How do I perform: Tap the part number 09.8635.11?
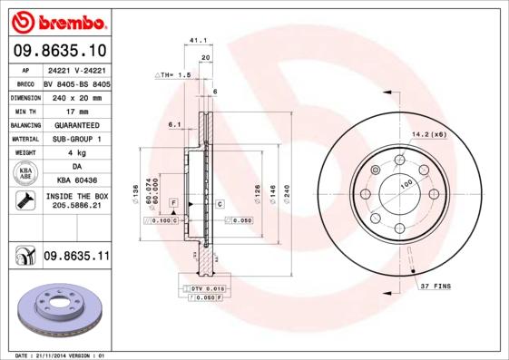point(76,258)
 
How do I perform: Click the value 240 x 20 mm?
point(76,96)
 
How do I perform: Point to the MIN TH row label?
point(23,110)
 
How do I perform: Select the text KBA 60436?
point(76,180)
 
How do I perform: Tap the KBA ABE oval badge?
point(25,174)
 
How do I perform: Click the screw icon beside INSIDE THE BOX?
point(25,201)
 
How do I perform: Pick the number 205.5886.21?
point(76,207)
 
